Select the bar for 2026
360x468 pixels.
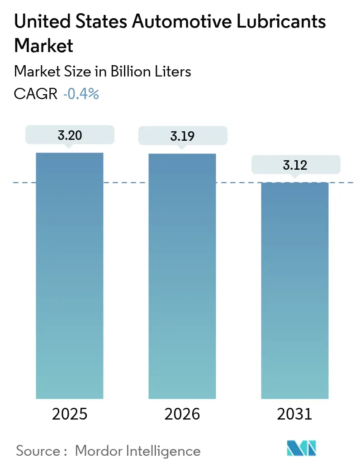coord(182,276)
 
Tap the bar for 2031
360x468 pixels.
coord(295,290)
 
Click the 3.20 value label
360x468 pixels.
coord(70,135)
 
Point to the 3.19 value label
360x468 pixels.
coord(182,135)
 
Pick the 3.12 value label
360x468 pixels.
coord(295,165)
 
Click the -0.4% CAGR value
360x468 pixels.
coord(81,94)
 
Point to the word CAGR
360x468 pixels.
coord(36,94)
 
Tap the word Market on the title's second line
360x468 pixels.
coord(43,45)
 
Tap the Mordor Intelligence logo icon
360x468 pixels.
coord(301,448)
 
